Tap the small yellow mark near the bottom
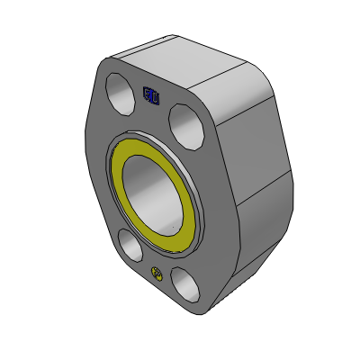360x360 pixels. pyautogui.click(x=157, y=274)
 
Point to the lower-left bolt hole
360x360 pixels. pyautogui.click(x=129, y=244)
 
